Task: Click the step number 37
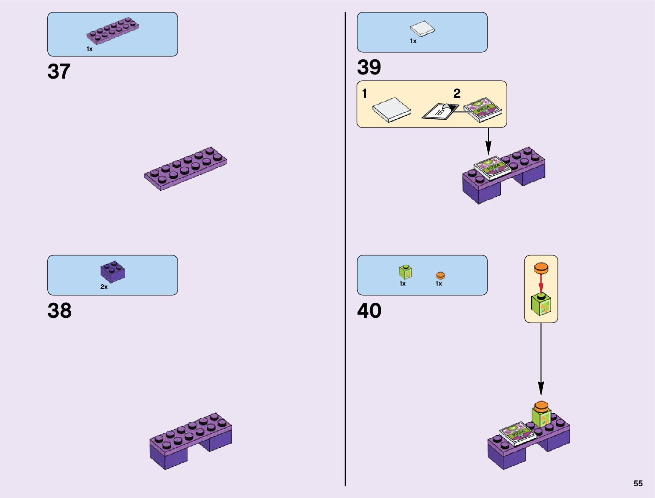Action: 59,72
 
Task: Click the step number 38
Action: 59,311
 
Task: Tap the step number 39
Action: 369,67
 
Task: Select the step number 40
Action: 369,311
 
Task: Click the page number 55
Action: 638,483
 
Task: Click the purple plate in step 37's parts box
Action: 113,31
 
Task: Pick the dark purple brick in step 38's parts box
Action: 113,272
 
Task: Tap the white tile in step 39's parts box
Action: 422,29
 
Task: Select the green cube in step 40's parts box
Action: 405,272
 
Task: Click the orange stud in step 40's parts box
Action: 440,276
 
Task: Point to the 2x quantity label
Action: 104,287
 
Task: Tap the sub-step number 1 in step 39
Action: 365,94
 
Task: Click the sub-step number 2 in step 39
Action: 457,94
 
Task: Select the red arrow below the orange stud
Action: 541,284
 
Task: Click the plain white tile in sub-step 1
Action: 391,110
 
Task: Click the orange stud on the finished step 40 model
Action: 541,406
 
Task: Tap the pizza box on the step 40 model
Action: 517,433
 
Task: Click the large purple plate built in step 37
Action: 186,169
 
